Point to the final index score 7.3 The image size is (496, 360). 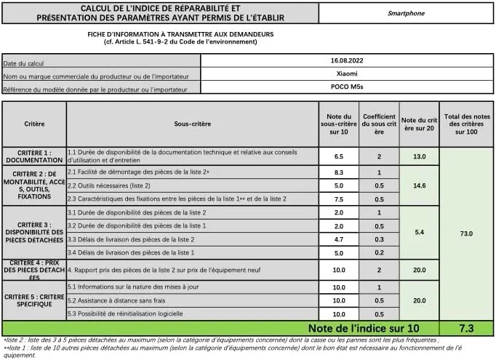point(466,328)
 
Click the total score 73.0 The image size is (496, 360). point(466,233)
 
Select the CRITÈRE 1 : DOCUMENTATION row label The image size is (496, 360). point(34,156)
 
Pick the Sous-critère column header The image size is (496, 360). point(192,124)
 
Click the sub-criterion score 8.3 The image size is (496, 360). point(338,172)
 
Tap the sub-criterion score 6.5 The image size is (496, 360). point(338,156)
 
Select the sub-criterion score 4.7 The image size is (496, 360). point(338,239)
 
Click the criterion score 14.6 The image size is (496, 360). point(419,185)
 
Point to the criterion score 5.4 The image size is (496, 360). point(419,233)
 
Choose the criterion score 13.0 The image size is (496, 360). point(419,156)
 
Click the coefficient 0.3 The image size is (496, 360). point(379,239)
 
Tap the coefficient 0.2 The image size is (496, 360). point(379,253)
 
